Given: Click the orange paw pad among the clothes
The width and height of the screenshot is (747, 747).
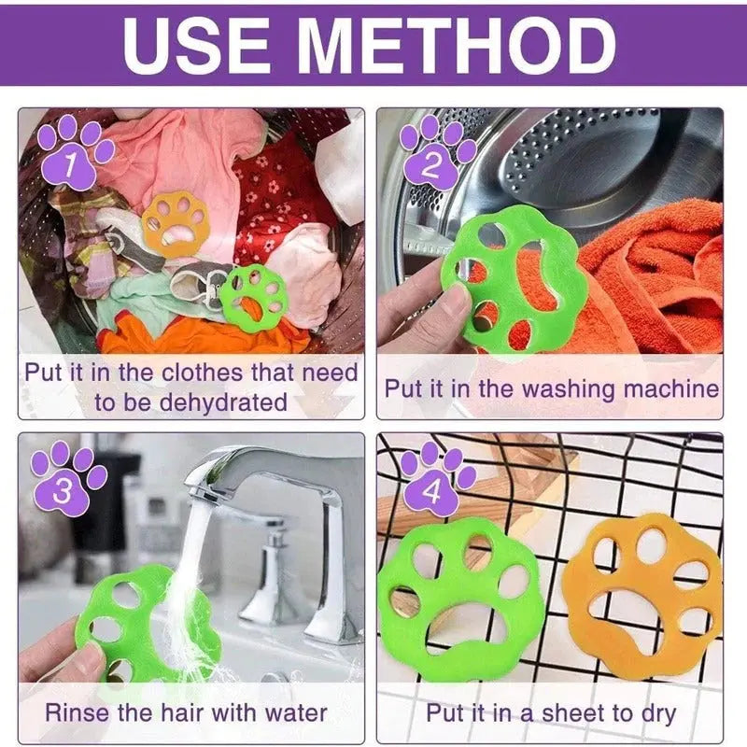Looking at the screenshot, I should (x=176, y=224).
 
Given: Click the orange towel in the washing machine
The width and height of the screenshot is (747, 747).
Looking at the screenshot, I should (x=654, y=271).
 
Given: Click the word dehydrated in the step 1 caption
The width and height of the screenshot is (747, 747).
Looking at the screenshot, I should (x=217, y=402).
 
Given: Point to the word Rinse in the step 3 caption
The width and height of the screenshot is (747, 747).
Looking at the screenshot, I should (x=79, y=712).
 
